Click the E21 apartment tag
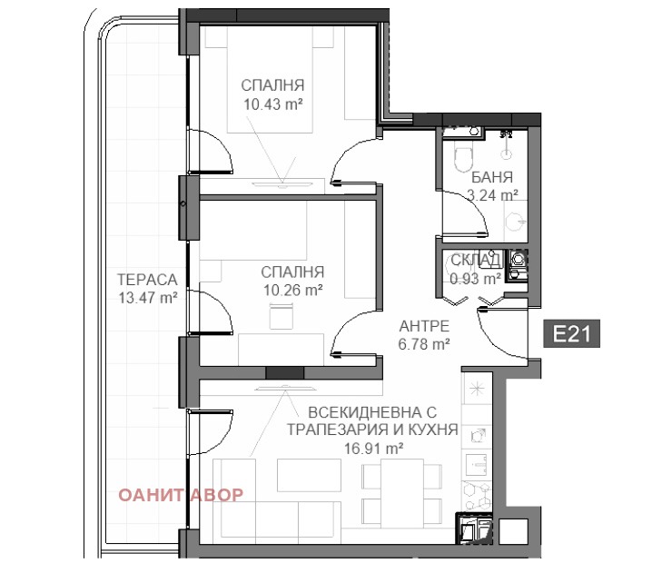572,333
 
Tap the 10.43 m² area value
272,104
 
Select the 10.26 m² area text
293,291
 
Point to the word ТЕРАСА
147,280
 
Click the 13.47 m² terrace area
148,298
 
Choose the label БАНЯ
492,178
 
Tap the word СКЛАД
476,261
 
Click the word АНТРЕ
424,326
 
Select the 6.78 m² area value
424,344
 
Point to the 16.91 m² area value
373,449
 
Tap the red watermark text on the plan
181,495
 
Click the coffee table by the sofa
309,475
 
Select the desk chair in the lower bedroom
282,316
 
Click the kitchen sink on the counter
477,464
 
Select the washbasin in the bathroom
516,222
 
